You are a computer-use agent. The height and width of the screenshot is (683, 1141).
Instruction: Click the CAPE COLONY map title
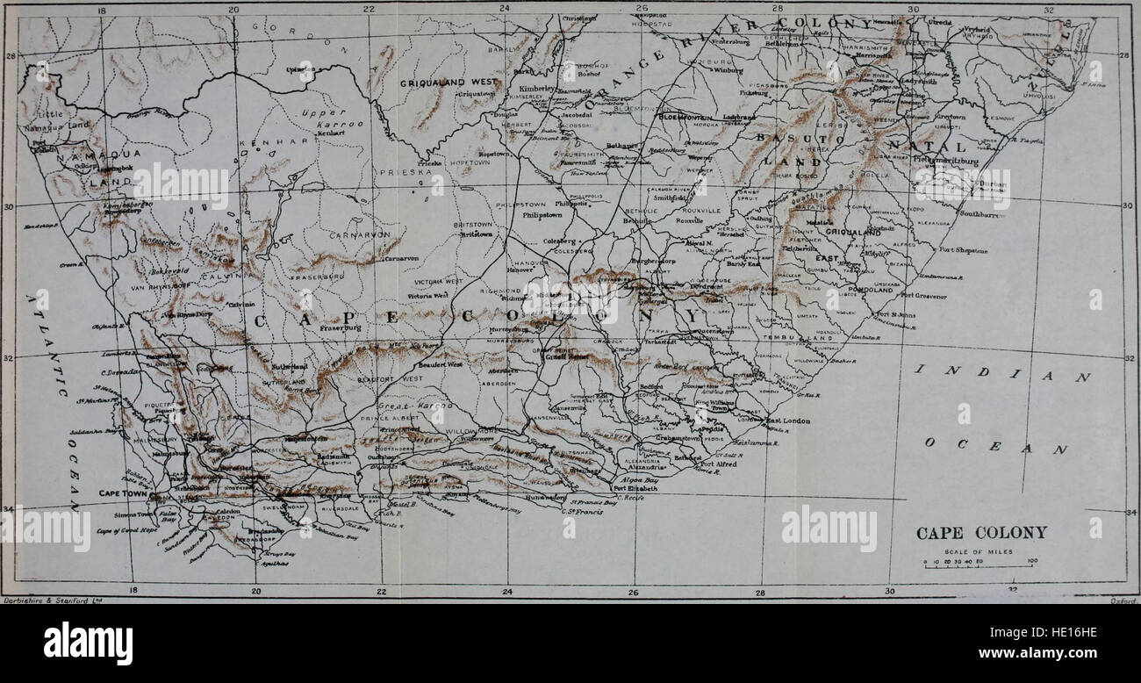pyautogui.click(x=981, y=533)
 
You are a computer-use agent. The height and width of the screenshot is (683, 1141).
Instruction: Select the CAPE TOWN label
pyautogui.click(x=120, y=493)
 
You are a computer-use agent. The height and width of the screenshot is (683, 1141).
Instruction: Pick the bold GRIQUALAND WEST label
pyautogui.click(x=449, y=83)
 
